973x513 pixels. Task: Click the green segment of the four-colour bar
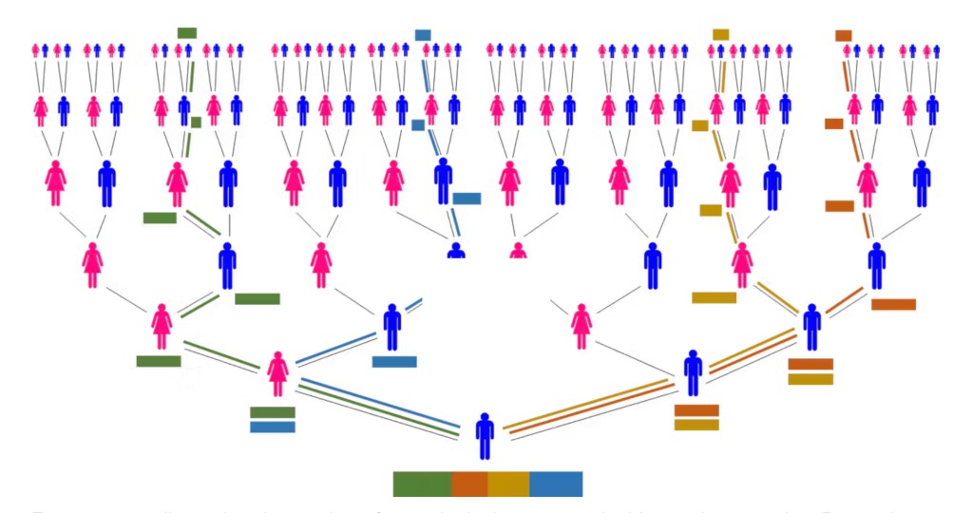coord(422,484)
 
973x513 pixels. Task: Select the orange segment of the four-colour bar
coord(469,484)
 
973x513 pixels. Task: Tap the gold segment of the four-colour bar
coord(508,484)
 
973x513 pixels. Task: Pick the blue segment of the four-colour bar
coord(556,484)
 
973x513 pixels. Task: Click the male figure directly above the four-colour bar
coord(485,436)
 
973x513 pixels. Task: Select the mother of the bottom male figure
coord(277,373)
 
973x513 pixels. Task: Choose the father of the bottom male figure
coord(694,373)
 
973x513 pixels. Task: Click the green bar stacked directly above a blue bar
coord(273,412)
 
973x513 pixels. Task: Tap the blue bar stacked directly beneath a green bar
coord(273,427)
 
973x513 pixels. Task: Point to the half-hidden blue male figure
coord(456,251)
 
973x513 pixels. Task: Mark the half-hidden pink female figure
coord(518,251)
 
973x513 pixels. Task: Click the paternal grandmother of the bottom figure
coord(582,327)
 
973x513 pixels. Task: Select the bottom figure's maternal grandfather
coord(392,327)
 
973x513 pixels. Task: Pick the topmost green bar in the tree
coord(186,33)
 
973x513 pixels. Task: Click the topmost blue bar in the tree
coord(423,35)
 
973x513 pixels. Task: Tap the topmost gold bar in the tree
coord(720,34)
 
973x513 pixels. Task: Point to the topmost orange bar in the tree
coord(843,36)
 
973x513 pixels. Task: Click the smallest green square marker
coord(196,122)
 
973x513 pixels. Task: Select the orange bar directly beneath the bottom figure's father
coord(696,410)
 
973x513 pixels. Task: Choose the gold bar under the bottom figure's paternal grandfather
coord(811,379)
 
